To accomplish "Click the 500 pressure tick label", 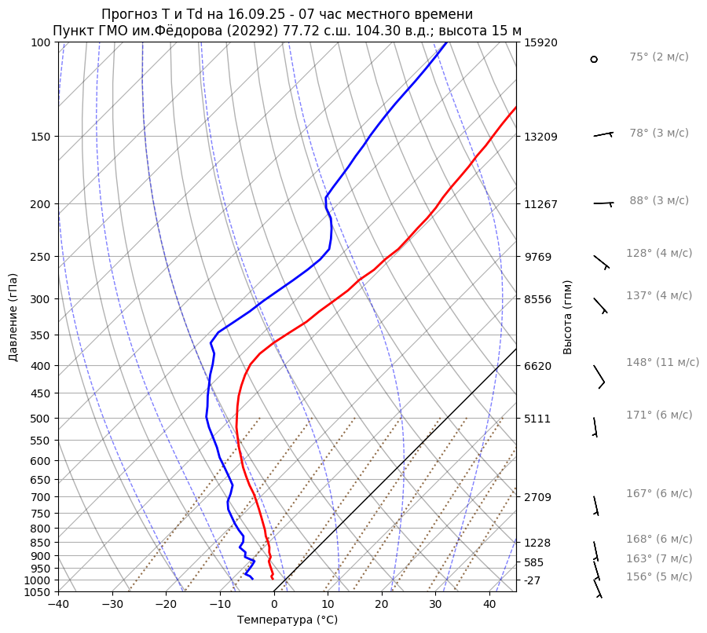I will click(x=42, y=418).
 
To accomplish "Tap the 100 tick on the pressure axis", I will click(x=42, y=42).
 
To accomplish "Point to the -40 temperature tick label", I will click(x=58, y=605).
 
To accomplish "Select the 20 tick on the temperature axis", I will click(x=382, y=605).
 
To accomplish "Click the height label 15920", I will click(x=540, y=42).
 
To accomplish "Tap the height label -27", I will click(x=532, y=580).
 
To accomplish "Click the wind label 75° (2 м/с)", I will click(x=658, y=57).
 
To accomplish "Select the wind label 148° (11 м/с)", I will click(x=662, y=362).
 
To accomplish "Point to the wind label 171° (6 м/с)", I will click(x=659, y=415).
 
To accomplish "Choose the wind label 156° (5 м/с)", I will click(x=659, y=576).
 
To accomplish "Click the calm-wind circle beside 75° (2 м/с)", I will click(x=594, y=59).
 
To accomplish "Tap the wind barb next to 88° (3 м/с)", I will click(x=603, y=204).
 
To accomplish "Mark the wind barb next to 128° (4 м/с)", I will click(x=601, y=262).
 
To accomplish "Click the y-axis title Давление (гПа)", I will click(x=13, y=317).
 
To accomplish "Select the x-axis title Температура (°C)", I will click(x=287, y=620).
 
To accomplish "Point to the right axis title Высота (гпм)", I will click(x=568, y=317).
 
